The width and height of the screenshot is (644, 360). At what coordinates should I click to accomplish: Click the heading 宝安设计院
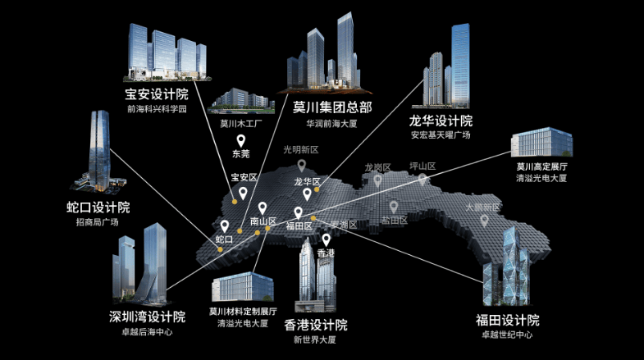pyautogui.click(x=157, y=93)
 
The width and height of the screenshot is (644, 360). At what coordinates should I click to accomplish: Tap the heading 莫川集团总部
pyautogui.click(x=332, y=107)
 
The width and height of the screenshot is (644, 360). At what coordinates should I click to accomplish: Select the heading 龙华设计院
pyautogui.click(x=441, y=120)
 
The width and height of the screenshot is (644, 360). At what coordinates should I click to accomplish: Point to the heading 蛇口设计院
pyautogui.click(x=98, y=207)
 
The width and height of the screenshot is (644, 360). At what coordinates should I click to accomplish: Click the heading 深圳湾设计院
pyautogui.click(x=147, y=317)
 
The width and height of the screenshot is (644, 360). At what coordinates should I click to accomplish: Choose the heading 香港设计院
pyautogui.click(x=315, y=325)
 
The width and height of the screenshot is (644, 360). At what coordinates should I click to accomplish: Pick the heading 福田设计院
pyautogui.click(x=507, y=320)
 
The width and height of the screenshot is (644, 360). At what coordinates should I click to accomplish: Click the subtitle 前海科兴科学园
pyautogui.click(x=157, y=109)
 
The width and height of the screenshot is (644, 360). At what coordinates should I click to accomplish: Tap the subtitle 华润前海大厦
pyautogui.click(x=332, y=125)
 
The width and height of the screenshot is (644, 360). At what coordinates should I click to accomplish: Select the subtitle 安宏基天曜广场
pyautogui.click(x=441, y=135)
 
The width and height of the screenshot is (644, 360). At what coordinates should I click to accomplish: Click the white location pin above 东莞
pyautogui.click(x=241, y=141)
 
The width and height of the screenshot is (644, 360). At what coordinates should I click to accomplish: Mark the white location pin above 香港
pyautogui.click(x=327, y=239)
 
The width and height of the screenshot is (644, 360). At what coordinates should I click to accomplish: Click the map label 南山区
pyautogui.click(x=263, y=221)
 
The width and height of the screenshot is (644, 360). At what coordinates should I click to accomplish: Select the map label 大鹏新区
pyautogui.click(x=482, y=207)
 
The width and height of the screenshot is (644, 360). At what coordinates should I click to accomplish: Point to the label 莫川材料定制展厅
pyautogui.click(x=243, y=311)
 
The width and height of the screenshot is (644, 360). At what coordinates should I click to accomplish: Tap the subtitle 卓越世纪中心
pyautogui.click(x=507, y=335)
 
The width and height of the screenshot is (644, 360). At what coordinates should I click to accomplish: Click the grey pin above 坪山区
pyautogui.click(x=422, y=180)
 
